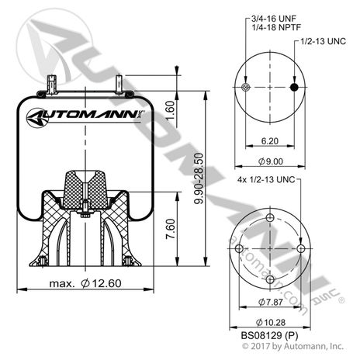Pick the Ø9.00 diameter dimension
pyautogui.click(x=272, y=161)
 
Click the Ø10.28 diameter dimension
pyautogui.click(x=270, y=322)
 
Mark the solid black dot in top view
pyautogui.click(x=296, y=88)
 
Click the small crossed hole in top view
pyautogui.click(x=246, y=88)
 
